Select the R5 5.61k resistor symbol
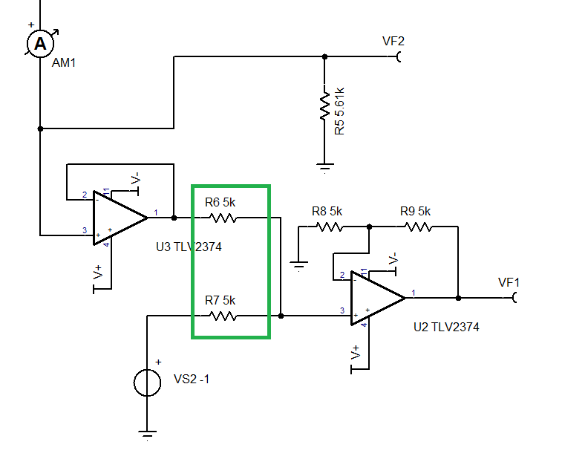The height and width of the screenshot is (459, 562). tap(324, 105)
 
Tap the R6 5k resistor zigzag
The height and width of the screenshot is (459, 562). tap(222, 218)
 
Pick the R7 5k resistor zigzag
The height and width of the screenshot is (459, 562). tap(222, 316)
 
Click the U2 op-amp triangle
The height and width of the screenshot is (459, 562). tap(377, 299)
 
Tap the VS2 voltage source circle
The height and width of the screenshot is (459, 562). tap(147, 382)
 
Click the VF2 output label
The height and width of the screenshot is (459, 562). tap(393, 42)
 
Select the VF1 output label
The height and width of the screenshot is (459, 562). tap(509, 282)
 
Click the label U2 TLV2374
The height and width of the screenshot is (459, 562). tap(445, 327)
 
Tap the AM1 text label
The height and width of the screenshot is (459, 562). tap(64, 63)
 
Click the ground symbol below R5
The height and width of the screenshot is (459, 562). tap(324, 166)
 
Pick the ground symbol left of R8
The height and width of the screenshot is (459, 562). tap(298, 264)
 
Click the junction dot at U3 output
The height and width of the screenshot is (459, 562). tap(174, 218)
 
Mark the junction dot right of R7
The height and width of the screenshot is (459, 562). tap(281, 316)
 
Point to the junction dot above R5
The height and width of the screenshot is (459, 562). tap(324, 56)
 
